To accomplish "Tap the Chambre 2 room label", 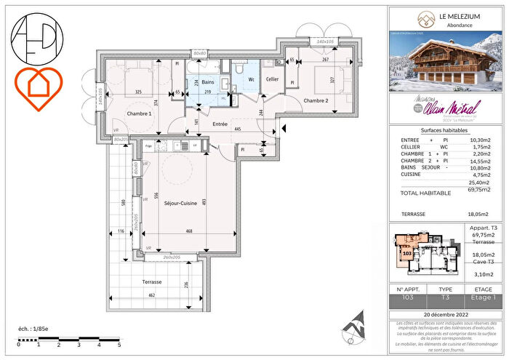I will (x=316, y=100).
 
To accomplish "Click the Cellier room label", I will (x=272, y=79).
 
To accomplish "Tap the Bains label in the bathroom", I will (x=207, y=83).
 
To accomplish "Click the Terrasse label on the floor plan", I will (x=153, y=281).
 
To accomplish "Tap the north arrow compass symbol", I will (x=358, y=320).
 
